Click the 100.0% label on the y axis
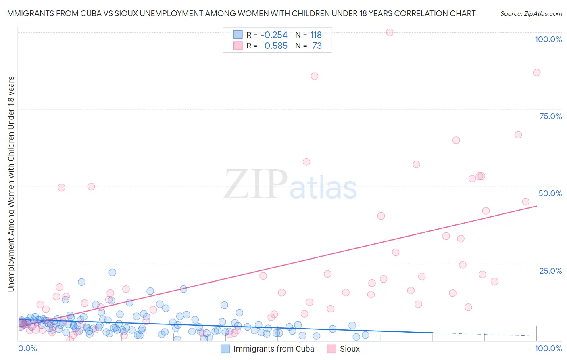click(x=548, y=39)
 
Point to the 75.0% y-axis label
click(x=550, y=116)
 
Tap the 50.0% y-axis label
click(x=550, y=193)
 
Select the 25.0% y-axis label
click(x=550, y=270)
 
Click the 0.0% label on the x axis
click(x=27, y=348)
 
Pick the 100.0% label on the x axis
click(x=548, y=348)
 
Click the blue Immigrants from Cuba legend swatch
click(x=225, y=349)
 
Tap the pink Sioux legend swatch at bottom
click(x=331, y=349)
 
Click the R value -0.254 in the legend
click(x=274, y=35)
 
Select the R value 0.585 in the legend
click(x=276, y=46)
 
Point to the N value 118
click(x=316, y=35)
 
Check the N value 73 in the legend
click(x=317, y=46)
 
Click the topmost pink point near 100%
click(x=390, y=32)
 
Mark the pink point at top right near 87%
click(x=537, y=73)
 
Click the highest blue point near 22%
click(x=113, y=272)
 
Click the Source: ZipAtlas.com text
click(x=531, y=13)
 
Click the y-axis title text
click(x=11, y=184)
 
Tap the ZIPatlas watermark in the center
click(x=290, y=185)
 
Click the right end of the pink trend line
click(x=537, y=206)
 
